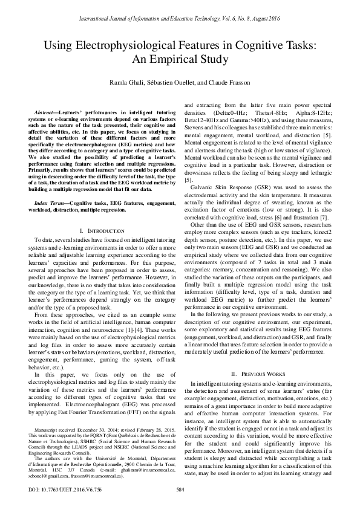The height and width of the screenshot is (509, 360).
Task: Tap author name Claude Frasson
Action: (232, 82)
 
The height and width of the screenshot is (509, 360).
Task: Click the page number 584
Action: (180, 489)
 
